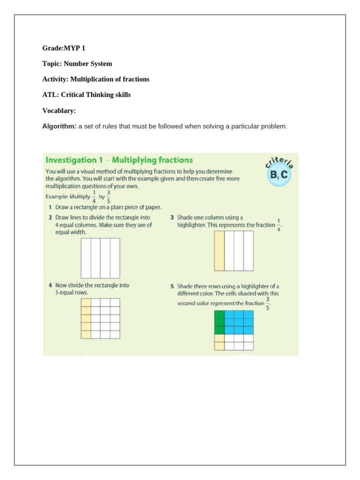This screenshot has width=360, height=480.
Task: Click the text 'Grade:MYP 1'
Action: tap(64, 48)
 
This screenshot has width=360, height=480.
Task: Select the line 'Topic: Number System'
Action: tap(77, 64)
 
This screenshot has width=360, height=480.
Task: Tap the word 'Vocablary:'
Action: tap(59, 111)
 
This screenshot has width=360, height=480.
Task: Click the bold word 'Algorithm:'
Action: tap(60, 127)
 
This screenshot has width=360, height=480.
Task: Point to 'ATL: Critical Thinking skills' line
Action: tap(86, 95)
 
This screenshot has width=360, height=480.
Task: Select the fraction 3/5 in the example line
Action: tap(109, 197)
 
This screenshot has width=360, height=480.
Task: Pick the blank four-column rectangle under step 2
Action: tap(100, 258)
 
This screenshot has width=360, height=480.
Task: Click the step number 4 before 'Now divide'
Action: tap(50, 285)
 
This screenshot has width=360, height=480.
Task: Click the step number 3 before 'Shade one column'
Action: tap(172, 217)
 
